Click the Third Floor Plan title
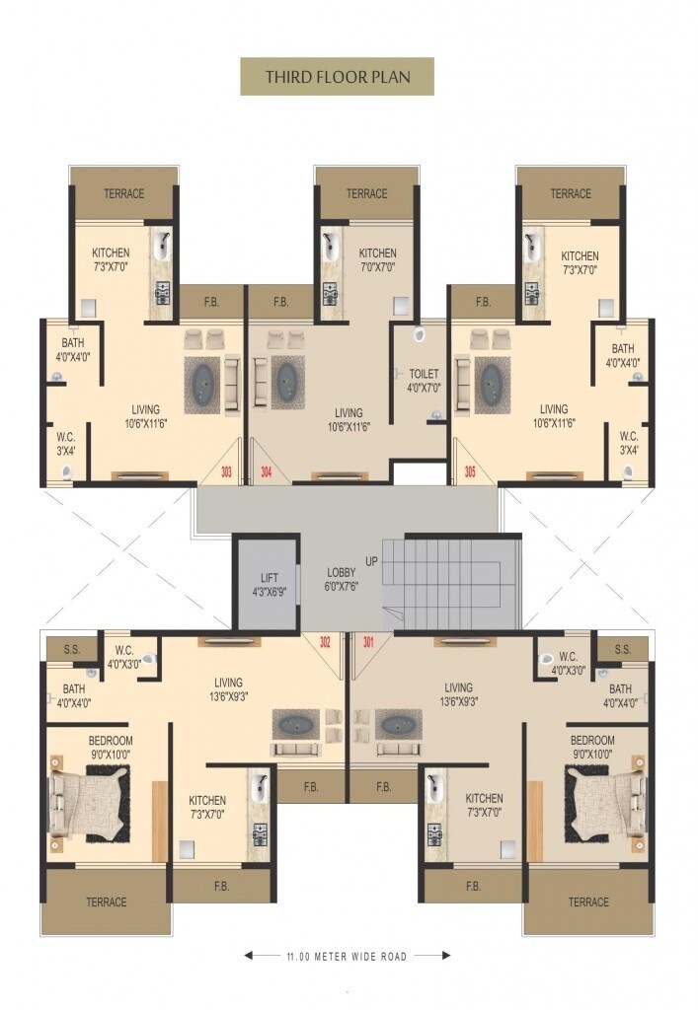click(x=338, y=77)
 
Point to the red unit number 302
click(x=325, y=642)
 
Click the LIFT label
click(x=270, y=578)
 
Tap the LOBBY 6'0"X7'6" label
click(x=342, y=579)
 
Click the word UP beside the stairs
click(x=372, y=561)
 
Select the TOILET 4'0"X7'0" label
click(x=424, y=381)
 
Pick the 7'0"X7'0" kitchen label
click(x=378, y=259)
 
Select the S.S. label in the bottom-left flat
click(x=72, y=649)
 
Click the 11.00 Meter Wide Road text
click(x=347, y=957)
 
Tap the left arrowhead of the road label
click(x=248, y=956)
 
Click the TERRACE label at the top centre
click(x=366, y=193)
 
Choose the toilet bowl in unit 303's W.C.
click(x=67, y=473)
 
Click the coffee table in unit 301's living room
click(x=398, y=725)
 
